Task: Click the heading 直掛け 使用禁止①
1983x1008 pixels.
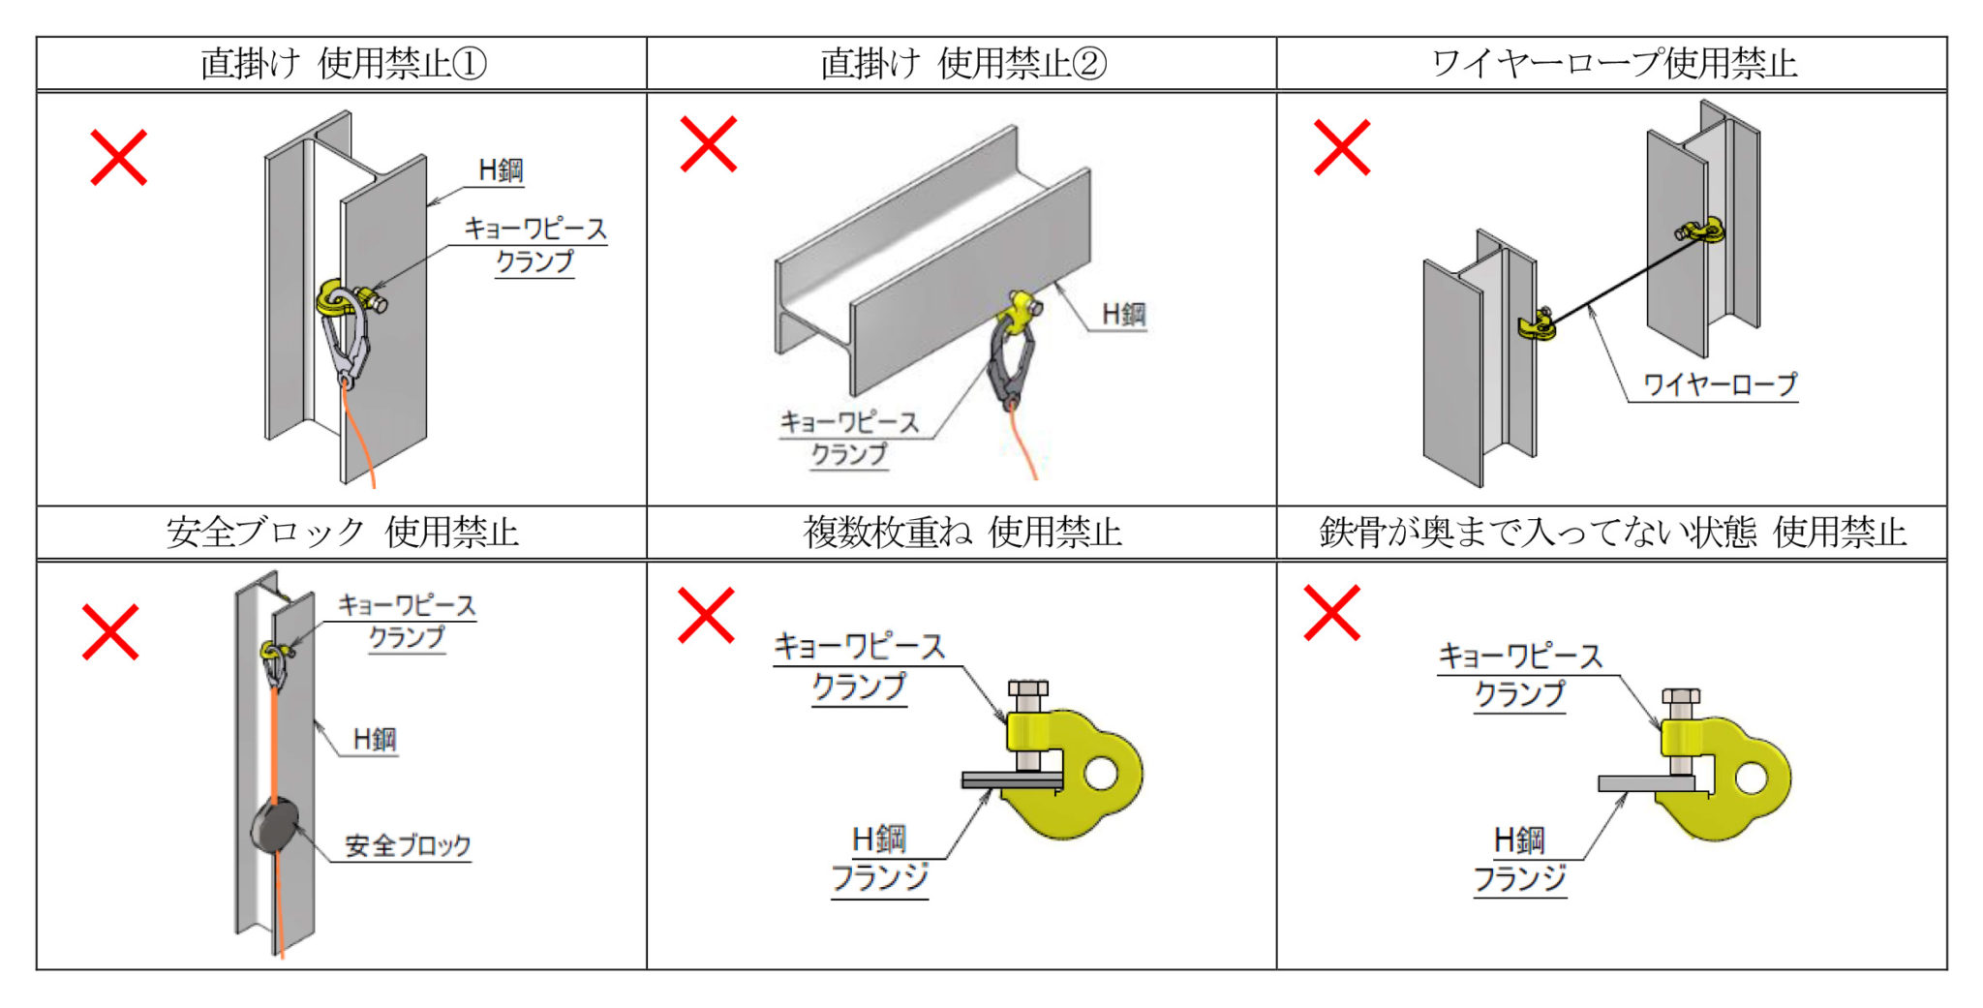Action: [343, 64]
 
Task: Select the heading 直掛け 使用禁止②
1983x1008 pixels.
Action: [962, 64]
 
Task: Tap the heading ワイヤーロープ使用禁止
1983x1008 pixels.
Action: [1613, 64]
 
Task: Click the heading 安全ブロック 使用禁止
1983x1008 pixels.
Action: [343, 532]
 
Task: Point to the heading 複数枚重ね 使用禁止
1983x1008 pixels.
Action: [962, 532]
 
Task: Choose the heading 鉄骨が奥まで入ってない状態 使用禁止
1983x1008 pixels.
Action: [1613, 532]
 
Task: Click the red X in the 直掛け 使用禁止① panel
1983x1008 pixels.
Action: [118, 157]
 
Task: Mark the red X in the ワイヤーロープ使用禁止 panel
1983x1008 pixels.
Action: [1341, 147]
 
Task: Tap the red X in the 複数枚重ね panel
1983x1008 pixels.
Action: [706, 615]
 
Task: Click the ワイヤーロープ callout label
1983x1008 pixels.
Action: [1720, 384]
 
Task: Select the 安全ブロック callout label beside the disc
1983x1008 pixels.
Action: [408, 845]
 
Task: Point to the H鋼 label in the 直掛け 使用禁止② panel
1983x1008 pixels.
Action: [1123, 314]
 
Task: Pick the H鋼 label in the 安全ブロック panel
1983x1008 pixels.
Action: [375, 740]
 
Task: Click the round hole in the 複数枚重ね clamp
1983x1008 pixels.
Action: [1101, 773]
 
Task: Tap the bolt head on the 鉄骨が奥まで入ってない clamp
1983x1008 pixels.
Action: [1681, 698]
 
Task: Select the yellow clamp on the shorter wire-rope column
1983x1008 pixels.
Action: [1539, 324]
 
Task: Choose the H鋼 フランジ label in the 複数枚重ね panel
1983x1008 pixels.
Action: [879, 858]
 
